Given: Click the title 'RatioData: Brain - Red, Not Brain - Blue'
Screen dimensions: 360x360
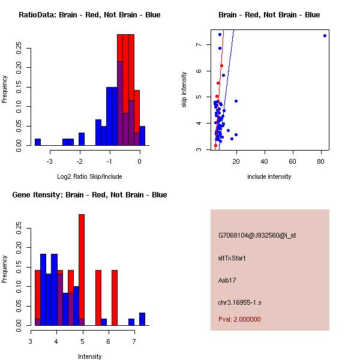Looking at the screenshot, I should pos(89,14).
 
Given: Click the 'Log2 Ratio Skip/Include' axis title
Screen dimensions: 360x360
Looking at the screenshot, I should pos(89,176).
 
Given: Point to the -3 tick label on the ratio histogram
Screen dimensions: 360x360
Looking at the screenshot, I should pos(50,161).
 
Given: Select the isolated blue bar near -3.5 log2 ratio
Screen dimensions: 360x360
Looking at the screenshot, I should pos(38,142).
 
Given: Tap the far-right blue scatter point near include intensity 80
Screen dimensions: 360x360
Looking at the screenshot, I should pos(325,35).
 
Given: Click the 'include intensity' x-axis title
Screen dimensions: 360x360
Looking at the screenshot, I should pos(269,176).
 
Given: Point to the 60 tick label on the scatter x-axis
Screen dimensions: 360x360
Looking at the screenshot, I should pos(293,161).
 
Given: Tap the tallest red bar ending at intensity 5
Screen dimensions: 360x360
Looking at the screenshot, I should pos(82,270).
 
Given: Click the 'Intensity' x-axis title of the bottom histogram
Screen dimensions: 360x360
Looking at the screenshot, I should pos(89,356).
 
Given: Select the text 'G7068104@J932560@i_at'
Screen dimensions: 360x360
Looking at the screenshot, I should pos(257,235).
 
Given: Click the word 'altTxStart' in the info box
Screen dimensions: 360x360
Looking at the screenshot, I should pos(232,258).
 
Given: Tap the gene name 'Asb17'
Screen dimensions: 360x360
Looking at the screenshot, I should pos(228,280).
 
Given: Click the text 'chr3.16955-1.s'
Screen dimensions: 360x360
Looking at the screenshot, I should pos(239,301).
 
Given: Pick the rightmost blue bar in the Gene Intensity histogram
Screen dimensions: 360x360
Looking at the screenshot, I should pos(142,319).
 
